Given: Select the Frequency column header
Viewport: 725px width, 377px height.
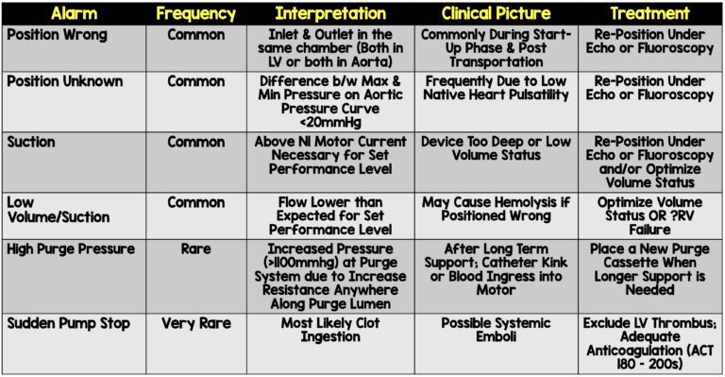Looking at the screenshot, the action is tap(195, 14).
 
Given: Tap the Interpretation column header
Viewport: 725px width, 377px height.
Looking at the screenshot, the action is tap(330, 14).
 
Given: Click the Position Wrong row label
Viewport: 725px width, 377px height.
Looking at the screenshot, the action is tap(58, 35).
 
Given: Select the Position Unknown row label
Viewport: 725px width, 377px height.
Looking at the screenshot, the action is tap(65, 81).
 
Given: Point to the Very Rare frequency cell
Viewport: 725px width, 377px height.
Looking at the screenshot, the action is tap(195, 325).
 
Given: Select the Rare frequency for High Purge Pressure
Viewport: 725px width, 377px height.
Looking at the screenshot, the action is tap(195, 248).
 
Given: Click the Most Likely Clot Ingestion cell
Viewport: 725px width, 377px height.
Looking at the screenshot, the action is tap(330, 333).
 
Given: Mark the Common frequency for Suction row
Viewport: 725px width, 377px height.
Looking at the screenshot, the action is tap(195, 142).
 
